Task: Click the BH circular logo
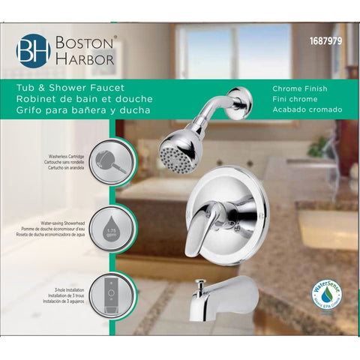coord(33,49)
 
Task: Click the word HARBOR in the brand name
coord(84,58)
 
